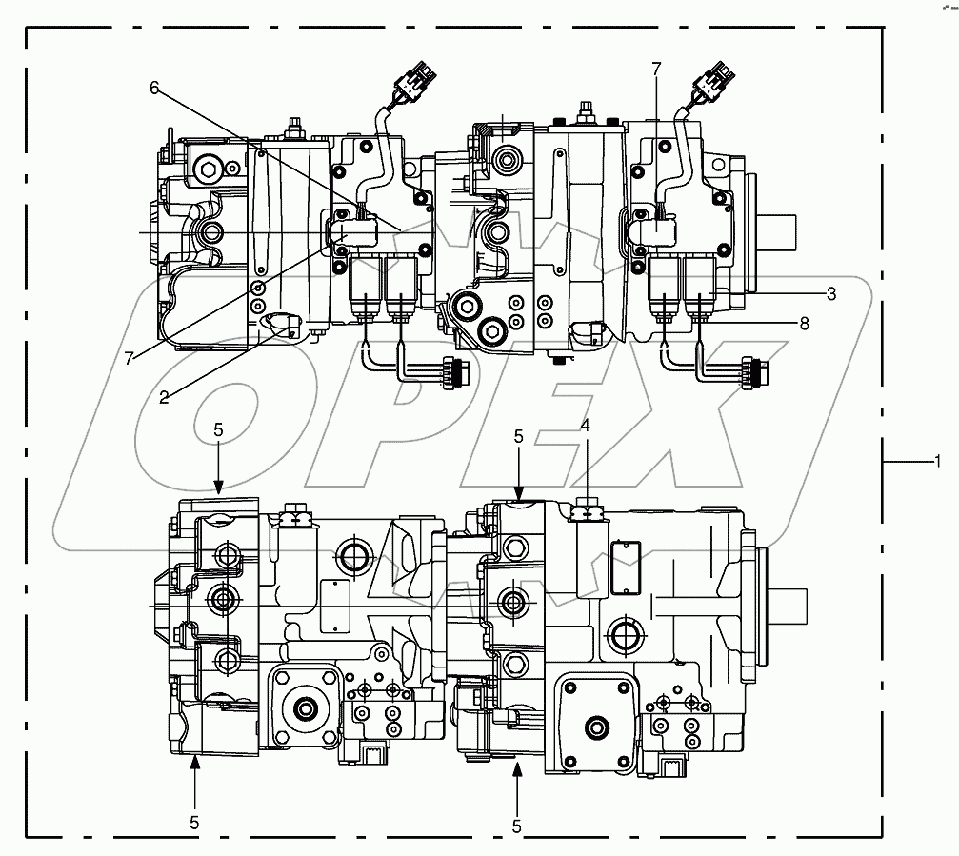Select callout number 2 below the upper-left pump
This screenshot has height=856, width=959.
(x=164, y=396)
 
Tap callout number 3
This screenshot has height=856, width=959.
(x=830, y=294)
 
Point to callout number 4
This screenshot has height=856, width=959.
(x=586, y=427)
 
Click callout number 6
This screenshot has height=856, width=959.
(x=153, y=88)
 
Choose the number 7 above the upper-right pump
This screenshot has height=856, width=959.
(x=655, y=69)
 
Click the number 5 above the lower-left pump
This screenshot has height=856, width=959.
(x=218, y=430)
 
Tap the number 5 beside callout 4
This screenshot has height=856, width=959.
(x=519, y=437)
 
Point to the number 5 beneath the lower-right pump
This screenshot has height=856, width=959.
(x=517, y=826)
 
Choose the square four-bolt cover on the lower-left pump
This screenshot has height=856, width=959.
(x=307, y=707)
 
